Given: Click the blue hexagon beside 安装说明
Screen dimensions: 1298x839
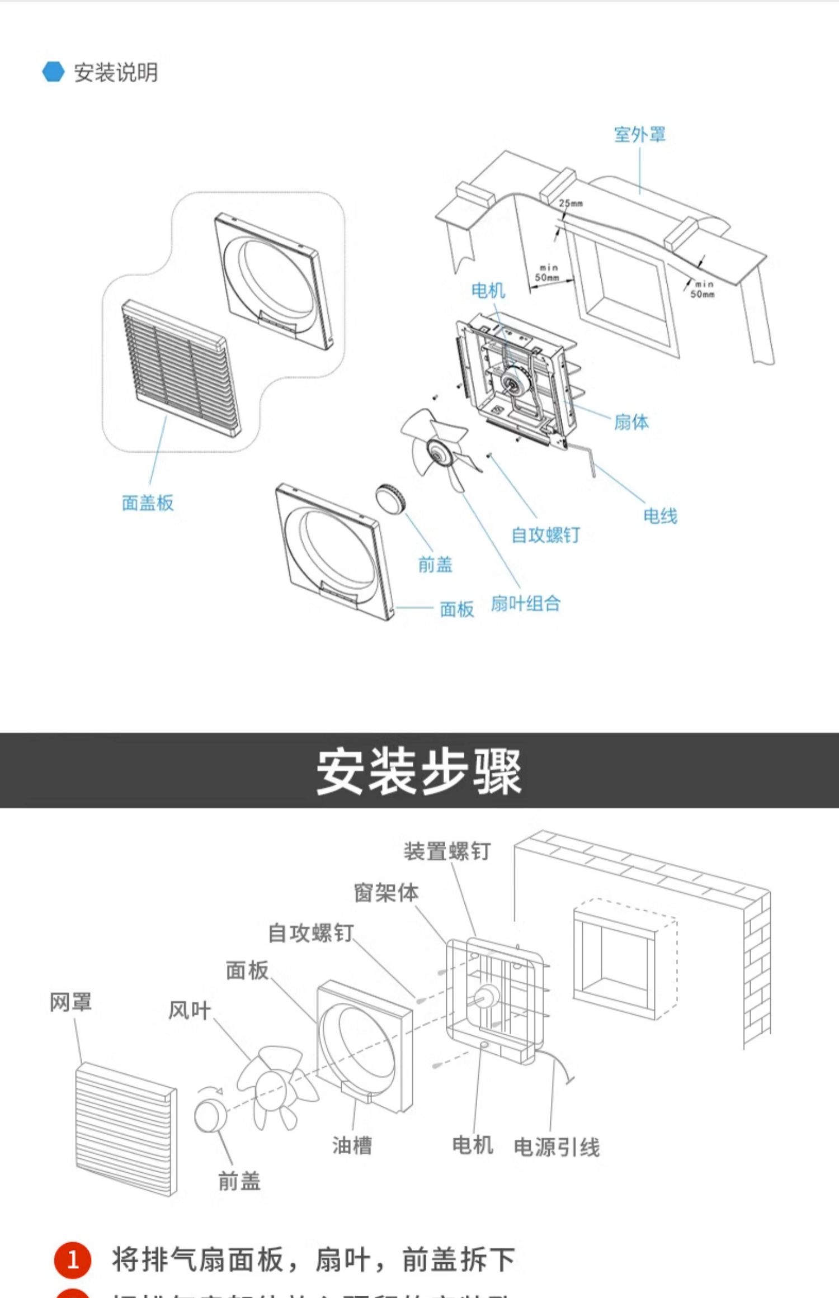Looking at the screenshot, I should click(x=54, y=72).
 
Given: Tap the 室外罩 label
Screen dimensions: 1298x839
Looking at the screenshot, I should click(x=639, y=135).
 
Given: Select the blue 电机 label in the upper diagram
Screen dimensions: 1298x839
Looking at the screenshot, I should click(x=488, y=291).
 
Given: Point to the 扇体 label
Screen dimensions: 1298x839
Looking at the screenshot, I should click(x=631, y=422).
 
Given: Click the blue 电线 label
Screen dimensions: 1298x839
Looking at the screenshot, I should click(x=660, y=516).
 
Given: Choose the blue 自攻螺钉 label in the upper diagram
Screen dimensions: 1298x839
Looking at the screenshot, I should click(x=545, y=535).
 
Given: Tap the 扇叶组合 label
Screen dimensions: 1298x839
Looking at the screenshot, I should click(x=525, y=604).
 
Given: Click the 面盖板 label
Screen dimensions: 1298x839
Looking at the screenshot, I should click(x=148, y=503).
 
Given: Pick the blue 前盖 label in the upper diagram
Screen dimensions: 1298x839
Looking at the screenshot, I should click(x=435, y=565).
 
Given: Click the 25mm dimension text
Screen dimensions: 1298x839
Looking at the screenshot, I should click(x=571, y=203).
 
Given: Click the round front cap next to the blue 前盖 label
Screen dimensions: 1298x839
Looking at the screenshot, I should click(x=390, y=496).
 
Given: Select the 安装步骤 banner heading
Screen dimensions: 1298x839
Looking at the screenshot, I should click(x=419, y=771).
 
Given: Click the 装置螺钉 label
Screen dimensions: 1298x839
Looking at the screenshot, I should click(x=446, y=851).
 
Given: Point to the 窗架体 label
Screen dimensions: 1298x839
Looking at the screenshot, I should click(x=386, y=893).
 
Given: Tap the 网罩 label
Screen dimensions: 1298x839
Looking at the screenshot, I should click(x=70, y=1002).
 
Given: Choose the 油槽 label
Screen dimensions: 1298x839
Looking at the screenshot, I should click(x=352, y=1145).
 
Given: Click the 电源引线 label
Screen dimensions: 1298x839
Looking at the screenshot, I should click(x=557, y=1148).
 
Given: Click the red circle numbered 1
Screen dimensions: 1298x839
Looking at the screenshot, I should click(x=73, y=1261).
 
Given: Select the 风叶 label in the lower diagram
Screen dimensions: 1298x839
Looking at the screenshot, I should click(x=190, y=1011).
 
